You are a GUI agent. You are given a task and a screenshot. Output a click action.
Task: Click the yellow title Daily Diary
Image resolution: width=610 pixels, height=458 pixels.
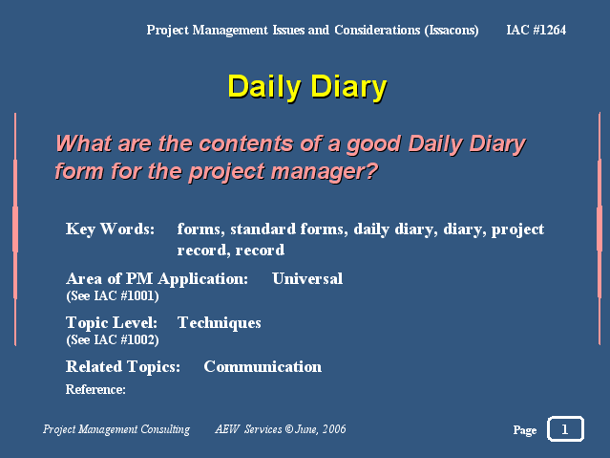tap(307, 87)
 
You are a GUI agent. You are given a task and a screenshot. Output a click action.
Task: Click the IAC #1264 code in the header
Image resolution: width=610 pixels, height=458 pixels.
tap(536, 30)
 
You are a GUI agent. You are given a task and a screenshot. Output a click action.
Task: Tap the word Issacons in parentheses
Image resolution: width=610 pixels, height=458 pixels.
tap(452, 31)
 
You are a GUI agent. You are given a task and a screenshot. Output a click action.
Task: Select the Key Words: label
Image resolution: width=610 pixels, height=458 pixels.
tap(110, 229)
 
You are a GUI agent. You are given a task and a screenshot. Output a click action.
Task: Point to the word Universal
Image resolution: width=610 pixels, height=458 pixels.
tap(307, 278)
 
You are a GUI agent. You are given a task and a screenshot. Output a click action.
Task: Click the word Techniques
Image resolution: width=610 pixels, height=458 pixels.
tap(219, 323)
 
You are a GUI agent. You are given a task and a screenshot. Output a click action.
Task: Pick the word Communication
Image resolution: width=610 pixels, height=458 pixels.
tap(263, 366)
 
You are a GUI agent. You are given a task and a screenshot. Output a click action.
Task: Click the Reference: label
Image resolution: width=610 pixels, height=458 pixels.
tap(95, 389)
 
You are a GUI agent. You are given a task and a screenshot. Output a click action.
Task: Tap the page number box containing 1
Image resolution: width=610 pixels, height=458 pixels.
tap(565, 428)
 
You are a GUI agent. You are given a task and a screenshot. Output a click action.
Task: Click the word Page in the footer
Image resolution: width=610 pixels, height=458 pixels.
tap(525, 430)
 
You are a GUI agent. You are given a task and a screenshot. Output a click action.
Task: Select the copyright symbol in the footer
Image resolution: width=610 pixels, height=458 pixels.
tap(288, 429)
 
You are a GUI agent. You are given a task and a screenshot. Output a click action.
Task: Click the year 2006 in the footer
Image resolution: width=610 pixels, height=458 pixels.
tap(334, 429)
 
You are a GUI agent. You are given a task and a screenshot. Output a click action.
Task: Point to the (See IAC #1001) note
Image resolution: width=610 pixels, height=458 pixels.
tap(113, 295)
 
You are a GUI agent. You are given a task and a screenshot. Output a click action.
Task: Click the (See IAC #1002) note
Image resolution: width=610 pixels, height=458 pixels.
tap(113, 339)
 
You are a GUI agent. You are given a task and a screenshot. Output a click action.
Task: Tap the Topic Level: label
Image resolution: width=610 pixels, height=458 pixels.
tap(112, 323)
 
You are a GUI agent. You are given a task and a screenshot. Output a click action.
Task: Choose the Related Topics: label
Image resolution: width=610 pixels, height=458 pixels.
tap(123, 367)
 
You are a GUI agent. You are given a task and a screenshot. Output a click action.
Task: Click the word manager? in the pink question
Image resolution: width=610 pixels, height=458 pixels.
tap(325, 171)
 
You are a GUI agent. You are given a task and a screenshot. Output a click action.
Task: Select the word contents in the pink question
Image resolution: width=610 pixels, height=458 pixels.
tap(246, 143)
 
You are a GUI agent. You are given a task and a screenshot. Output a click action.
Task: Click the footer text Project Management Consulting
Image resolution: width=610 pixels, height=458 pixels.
tap(116, 429)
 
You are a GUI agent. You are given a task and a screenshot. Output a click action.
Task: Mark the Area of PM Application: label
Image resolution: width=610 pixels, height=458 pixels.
tap(157, 279)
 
